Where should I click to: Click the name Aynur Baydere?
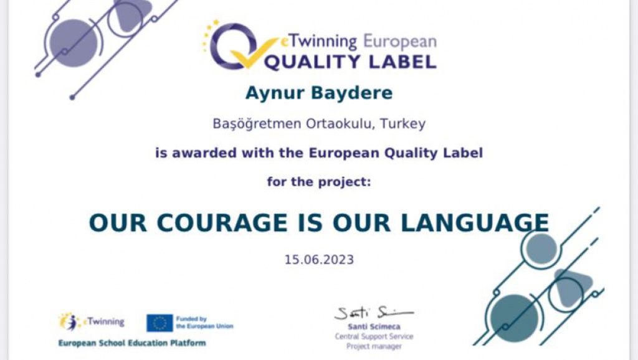click(x=318, y=93)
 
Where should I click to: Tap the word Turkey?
click(x=403, y=123)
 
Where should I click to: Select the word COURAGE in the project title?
click(x=222, y=223)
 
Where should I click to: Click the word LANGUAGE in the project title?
click(x=474, y=223)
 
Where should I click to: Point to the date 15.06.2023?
click(x=319, y=260)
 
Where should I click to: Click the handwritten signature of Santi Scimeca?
click(x=374, y=313)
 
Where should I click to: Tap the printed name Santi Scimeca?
click(x=374, y=326)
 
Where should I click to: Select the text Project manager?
click(x=374, y=346)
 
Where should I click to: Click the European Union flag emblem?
click(x=160, y=323)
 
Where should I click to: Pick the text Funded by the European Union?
click(x=204, y=323)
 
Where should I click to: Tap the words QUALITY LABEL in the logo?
click(x=350, y=62)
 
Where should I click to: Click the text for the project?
click(x=319, y=181)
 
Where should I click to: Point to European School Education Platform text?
click(x=132, y=343)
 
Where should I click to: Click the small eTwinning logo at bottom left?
click(x=92, y=322)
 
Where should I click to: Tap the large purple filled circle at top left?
click(x=74, y=43)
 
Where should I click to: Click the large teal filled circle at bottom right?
click(x=514, y=318)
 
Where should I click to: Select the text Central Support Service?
click(x=374, y=336)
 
